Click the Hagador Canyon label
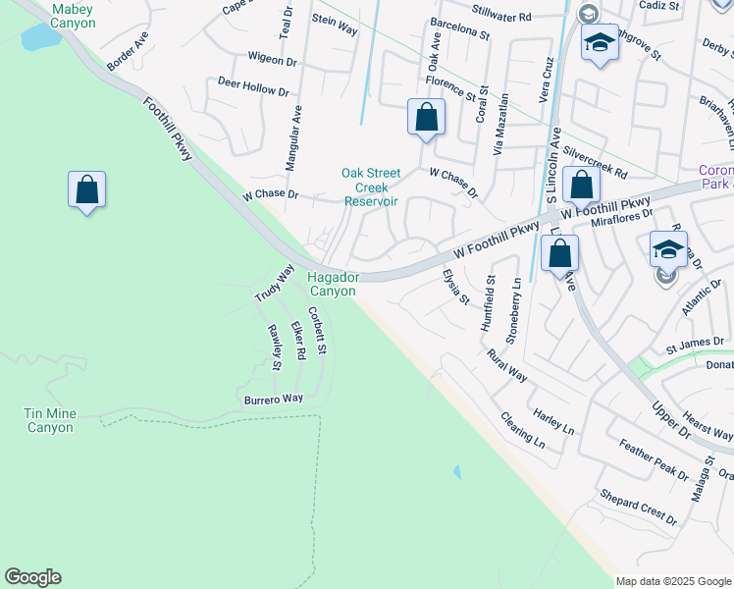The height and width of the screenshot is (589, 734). click(333, 285)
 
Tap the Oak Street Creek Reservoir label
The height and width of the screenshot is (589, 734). click(370, 187)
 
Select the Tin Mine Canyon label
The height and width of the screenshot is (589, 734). click(49, 421)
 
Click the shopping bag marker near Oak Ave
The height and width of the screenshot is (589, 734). click(426, 118)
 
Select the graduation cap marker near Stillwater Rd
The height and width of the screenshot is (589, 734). click(599, 43)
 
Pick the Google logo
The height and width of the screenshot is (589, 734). click(32, 577)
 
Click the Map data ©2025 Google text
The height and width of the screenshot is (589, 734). click(673, 581)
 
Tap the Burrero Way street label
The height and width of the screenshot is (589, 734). click(274, 400)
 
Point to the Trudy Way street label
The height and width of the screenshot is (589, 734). click(274, 282)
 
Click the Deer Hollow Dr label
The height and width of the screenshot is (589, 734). click(253, 86)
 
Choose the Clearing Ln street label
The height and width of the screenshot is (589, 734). click(522, 429)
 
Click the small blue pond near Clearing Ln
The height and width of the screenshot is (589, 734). click(457, 472)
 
